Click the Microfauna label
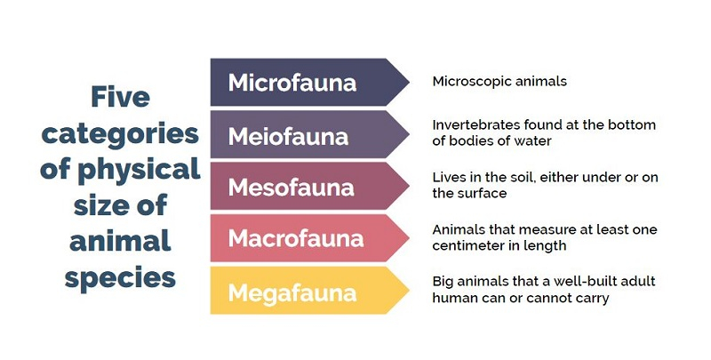292,83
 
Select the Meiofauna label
288,137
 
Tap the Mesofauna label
292,188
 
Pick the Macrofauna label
296,238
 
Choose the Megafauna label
292,292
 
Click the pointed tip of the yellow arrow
409,290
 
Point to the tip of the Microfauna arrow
409,82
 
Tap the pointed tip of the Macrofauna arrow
409,238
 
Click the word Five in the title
120,97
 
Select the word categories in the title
120,134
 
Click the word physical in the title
139,170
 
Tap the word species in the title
120,278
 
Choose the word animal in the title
120,241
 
